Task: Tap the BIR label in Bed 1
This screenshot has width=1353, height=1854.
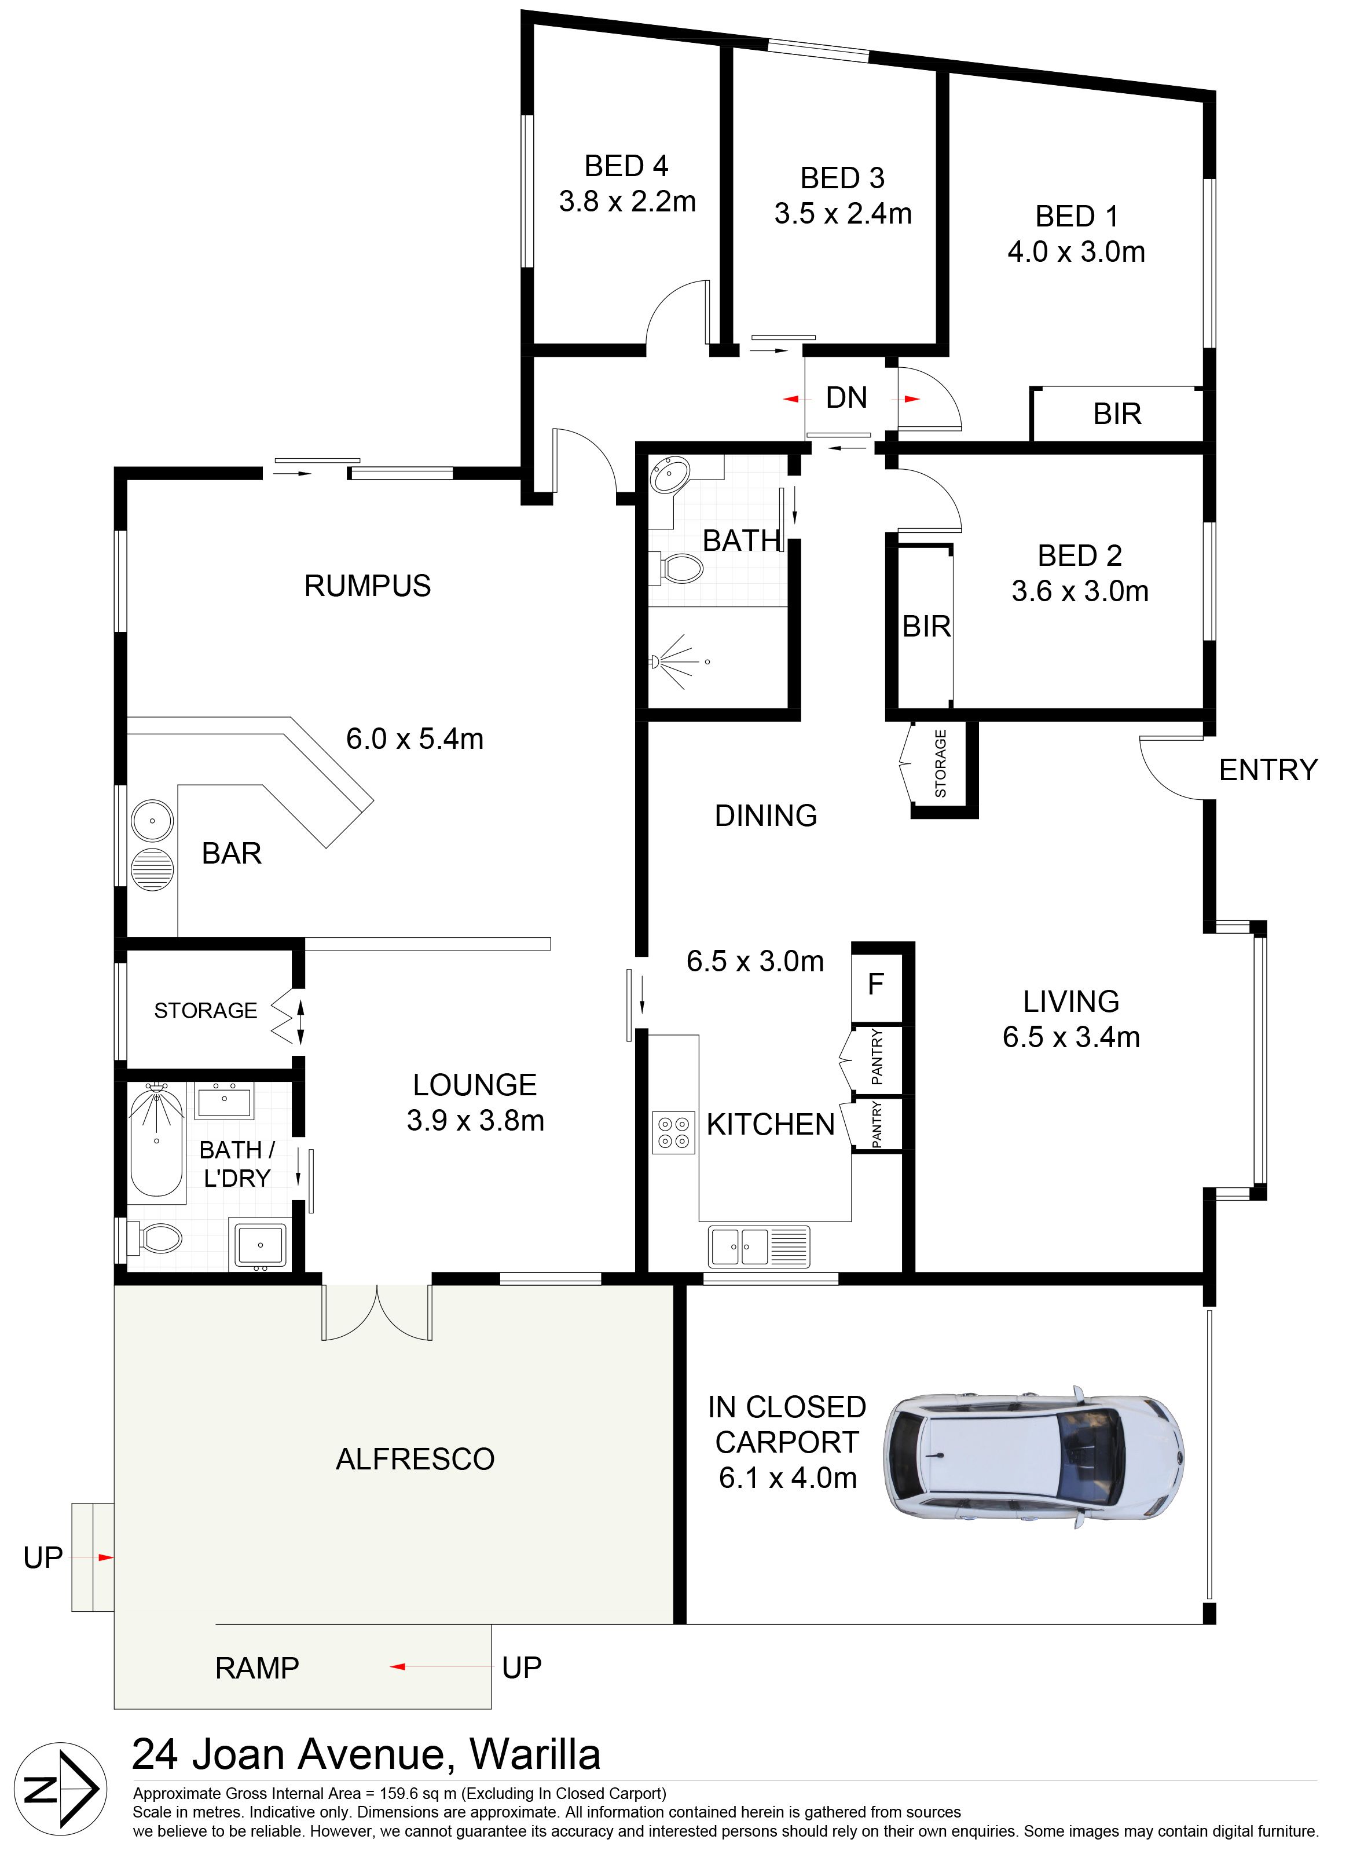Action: [x=1117, y=415]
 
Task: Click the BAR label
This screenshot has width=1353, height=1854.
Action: [x=232, y=854]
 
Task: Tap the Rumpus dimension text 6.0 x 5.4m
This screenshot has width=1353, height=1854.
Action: [x=415, y=739]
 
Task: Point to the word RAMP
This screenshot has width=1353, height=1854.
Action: [x=257, y=1668]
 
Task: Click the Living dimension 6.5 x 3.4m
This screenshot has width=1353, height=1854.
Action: [x=1071, y=1037]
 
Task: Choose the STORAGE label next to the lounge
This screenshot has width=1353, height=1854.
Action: [x=206, y=1011]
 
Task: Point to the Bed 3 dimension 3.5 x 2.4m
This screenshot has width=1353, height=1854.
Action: [x=843, y=214]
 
